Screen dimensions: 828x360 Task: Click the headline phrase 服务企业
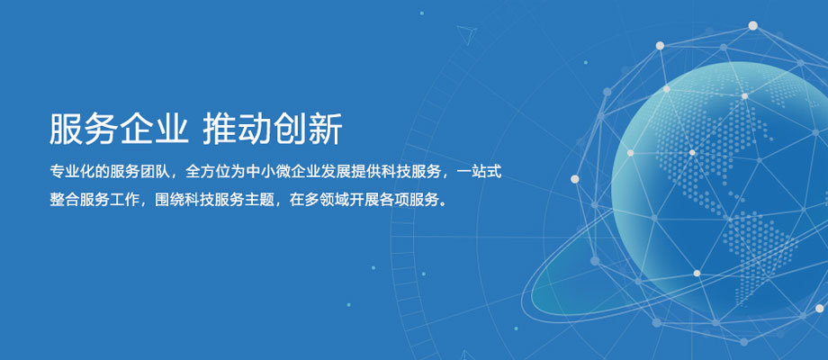point(119,129)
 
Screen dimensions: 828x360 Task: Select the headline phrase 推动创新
point(273,129)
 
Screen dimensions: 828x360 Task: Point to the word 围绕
point(170,200)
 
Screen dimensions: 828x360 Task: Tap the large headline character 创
point(290,129)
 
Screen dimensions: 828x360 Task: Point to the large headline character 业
point(171,129)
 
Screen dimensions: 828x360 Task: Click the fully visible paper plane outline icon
point(467,34)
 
